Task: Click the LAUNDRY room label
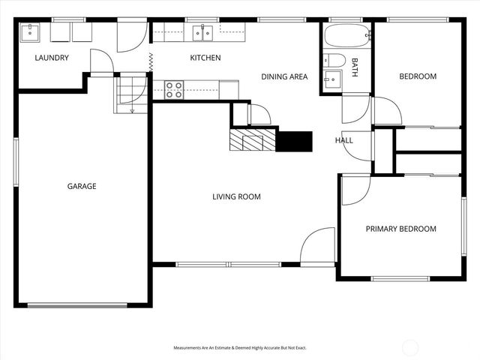[52, 58]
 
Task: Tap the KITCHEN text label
[205, 58]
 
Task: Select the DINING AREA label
[283, 76]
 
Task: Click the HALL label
[343, 139]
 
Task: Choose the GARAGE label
[82, 186]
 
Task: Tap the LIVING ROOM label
[236, 196]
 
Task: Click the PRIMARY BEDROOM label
[400, 229]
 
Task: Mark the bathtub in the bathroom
[346, 35]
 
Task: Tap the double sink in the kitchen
[202, 32]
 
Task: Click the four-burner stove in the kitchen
[174, 90]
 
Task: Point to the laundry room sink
[31, 31]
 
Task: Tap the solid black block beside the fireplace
[295, 141]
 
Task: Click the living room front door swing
[316, 246]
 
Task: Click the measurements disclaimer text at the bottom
[240, 348]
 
